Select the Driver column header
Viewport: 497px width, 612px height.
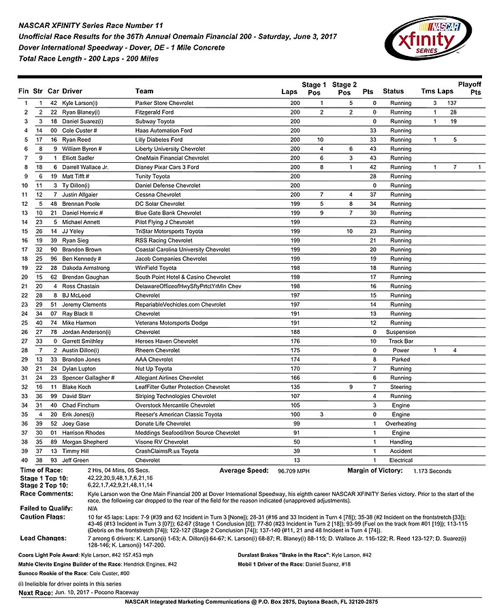click(71, 91)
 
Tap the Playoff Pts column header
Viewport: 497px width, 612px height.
click(470, 87)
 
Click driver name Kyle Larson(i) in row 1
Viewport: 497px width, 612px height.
click(80, 103)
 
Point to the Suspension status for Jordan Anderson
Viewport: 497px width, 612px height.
click(401, 332)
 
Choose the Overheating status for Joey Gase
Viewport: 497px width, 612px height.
click(401, 423)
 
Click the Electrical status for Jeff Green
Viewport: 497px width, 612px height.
click(401, 460)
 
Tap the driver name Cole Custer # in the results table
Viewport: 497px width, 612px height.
click(80, 130)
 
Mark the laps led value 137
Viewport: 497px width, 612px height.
click(449, 103)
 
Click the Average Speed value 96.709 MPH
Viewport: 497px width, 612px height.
click(294, 471)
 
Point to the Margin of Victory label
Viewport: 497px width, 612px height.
click(375, 470)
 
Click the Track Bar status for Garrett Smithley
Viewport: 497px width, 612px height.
click(401, 341)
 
